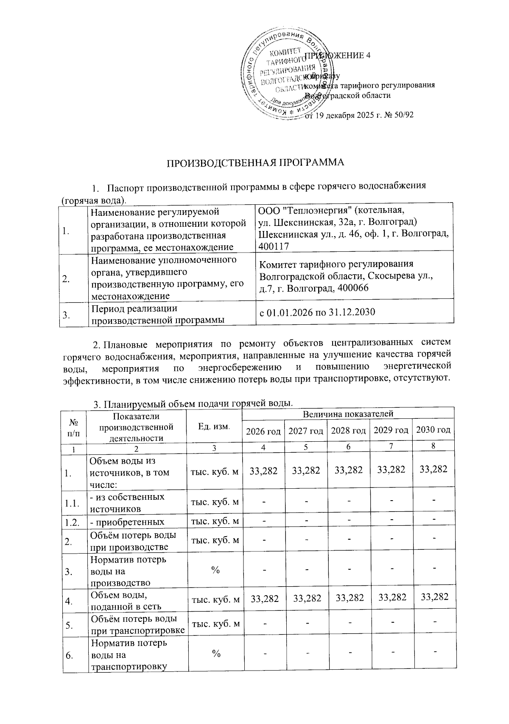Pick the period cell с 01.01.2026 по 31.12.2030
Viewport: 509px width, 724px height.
coord(317,313)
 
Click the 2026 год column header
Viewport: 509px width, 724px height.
coord(263,431)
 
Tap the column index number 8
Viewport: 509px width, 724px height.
coord(433,446)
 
